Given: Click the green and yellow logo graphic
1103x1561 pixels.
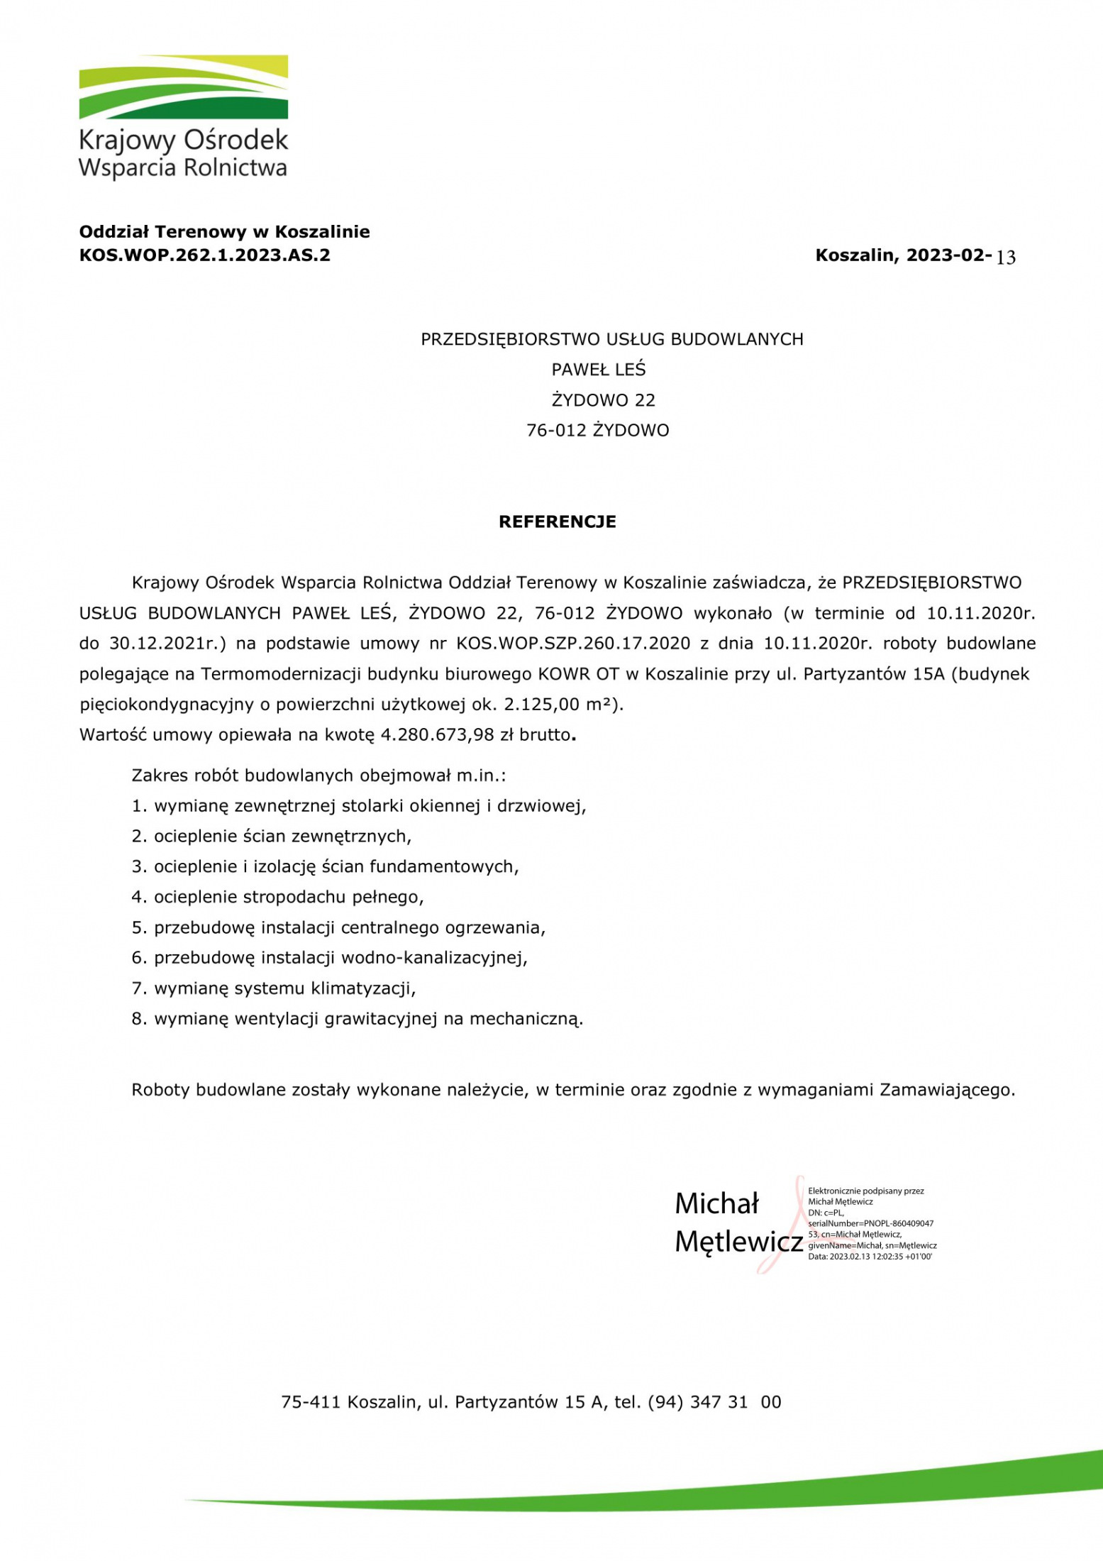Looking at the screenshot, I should coord(183,87).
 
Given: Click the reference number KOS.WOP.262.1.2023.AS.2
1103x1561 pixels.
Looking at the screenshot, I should coord(204,255).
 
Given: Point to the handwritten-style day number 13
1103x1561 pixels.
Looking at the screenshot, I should coord(1006,258).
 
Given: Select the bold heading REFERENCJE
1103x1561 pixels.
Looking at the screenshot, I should coord(558,522).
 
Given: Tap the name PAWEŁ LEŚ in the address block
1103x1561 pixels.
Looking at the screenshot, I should coord(599,370).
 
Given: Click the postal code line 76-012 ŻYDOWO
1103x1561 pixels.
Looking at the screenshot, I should coord(597,431).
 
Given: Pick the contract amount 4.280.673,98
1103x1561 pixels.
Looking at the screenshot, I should coord(437,735).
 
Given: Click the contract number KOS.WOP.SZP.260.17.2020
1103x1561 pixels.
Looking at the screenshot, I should coord(573,644).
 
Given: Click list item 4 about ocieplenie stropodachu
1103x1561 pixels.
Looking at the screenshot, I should coord(277,898).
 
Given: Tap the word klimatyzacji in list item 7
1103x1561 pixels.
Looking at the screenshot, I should coord(363,988).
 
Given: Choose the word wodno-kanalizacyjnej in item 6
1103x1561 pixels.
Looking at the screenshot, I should coord(434,958).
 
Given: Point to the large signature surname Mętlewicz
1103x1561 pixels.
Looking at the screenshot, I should coord(738,1242).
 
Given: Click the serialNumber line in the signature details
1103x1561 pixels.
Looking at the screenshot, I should coord(870,1223).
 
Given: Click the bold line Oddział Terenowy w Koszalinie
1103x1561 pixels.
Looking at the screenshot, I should coord(224,232).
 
